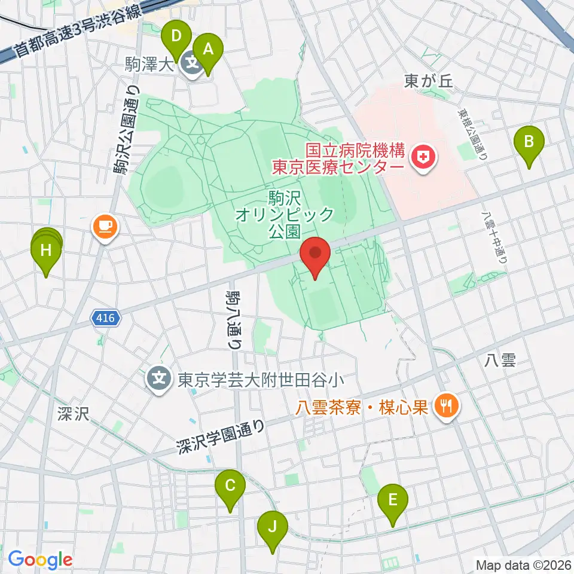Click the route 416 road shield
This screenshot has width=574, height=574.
pos(106,319)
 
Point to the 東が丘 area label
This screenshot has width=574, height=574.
pos(429,83)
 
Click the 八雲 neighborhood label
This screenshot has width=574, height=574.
pos(500,359)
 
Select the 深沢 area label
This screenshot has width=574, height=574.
pos(74,414)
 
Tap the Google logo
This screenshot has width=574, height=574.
pos(40,560)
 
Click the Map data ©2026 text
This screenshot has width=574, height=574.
pos(523,564)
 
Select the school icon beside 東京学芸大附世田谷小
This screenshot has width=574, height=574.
pos(159,378)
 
